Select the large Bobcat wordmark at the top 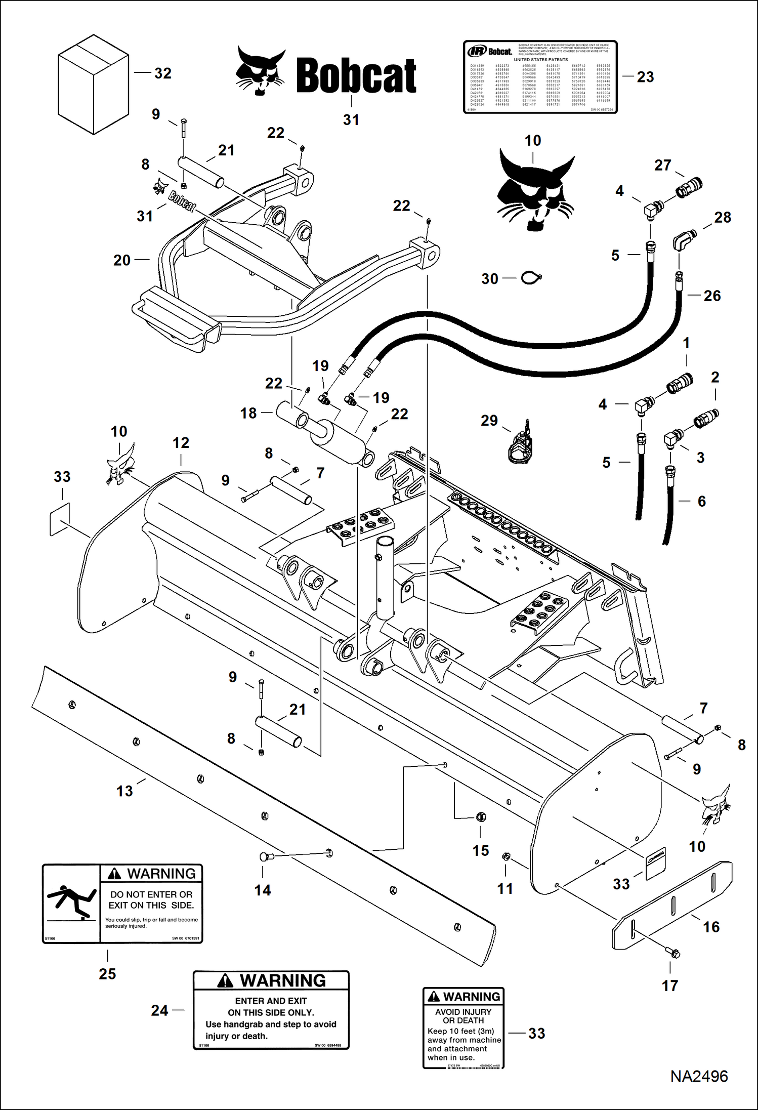click(356, 76)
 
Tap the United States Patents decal click(540, 77)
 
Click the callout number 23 click(645, 77)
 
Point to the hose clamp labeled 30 click(531, 278)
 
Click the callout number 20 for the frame click(122, 260)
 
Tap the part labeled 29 click(521, 445)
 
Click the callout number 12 click(181, 443)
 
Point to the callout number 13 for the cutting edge click(124, 791)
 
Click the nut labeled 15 click(481, 816)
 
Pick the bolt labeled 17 click(673, 953)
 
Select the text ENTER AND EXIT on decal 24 click(271, 1001)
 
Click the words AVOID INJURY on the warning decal click(463, 1012)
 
